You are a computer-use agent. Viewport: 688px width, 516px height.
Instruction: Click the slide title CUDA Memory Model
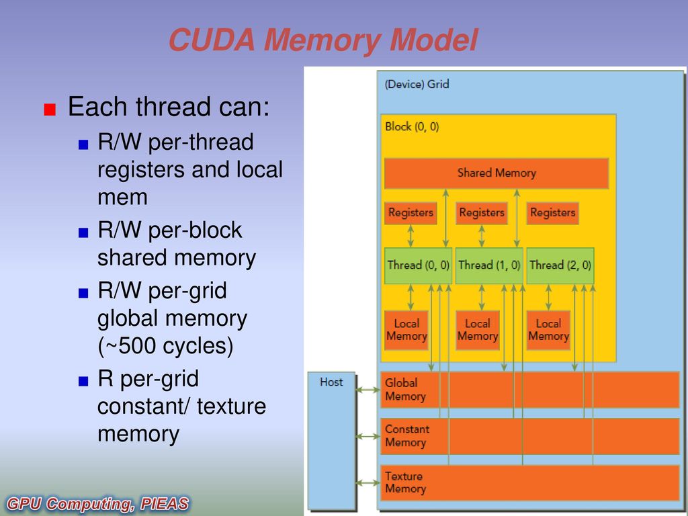[323, 40]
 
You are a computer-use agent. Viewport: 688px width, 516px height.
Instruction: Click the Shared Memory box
[497, 173]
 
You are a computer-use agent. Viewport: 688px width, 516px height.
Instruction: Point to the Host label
[331, 382]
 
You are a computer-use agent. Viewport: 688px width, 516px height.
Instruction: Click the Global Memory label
[405, 390]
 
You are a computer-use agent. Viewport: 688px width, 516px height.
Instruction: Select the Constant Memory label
[407, 435]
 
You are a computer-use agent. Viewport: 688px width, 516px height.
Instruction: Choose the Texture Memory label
[405, 482]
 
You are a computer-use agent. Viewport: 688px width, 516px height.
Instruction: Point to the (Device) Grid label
[417, 84]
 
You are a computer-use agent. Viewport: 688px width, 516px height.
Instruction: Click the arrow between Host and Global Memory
[368, 390]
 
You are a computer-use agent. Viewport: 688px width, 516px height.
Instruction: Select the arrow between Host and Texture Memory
[368, 482]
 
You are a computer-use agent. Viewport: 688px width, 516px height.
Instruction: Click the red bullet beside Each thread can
[50, 110]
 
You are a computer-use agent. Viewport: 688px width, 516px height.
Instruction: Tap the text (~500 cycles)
[165, 347]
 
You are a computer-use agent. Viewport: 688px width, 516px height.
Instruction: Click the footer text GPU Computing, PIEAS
[97, 504]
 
